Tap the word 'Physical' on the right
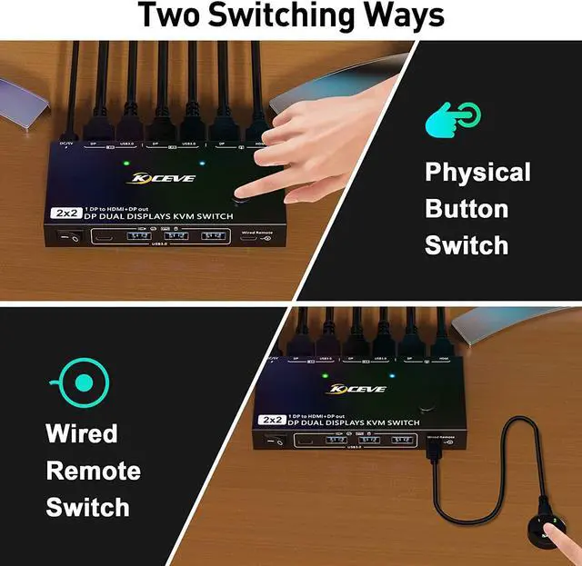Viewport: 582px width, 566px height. click(x=477, y=172)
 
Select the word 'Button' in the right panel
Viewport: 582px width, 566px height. click(x=467, y=209)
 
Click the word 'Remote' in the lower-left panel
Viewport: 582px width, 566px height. click(x=94, y=471)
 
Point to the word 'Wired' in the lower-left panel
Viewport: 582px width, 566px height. click(x=82, y=433)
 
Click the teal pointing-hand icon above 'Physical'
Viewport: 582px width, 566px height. click(x=453, y=119)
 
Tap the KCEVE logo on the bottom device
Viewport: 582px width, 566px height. click(x=357, y=389)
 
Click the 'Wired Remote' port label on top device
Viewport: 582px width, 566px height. click(x=257, y=233)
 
